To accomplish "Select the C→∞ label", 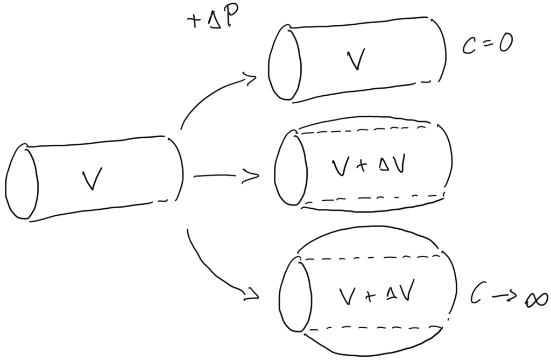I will [x=508, y=295].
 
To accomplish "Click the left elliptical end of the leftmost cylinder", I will [x=22, y=181].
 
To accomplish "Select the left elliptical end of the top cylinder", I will [x=285, y=64].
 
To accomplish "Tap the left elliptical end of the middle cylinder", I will [x=290, y=168].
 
